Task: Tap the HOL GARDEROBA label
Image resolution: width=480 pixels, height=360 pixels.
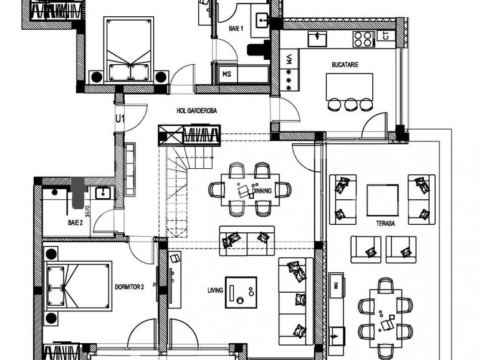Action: click(198, 111)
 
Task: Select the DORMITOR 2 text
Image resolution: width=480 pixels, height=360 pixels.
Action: click(130, 287)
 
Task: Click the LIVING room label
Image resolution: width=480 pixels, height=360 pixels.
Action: click(216, 290)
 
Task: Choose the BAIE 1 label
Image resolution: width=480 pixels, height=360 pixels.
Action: click(236, 29)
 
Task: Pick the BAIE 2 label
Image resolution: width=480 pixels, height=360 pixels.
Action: click(75, 222)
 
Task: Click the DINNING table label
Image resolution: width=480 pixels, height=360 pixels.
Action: click(262, 191)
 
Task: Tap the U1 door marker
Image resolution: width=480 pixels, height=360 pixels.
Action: click(120, 117)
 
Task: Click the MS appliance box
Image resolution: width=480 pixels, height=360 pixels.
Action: click(227, 74)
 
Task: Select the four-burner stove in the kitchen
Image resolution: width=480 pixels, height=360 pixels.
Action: click(363, 39)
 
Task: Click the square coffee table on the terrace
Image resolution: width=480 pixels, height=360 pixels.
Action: click(382, 200)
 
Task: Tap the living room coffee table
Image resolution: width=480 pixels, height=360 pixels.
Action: click(241, 291)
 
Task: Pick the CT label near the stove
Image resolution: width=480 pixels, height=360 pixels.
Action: click(385, 37)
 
